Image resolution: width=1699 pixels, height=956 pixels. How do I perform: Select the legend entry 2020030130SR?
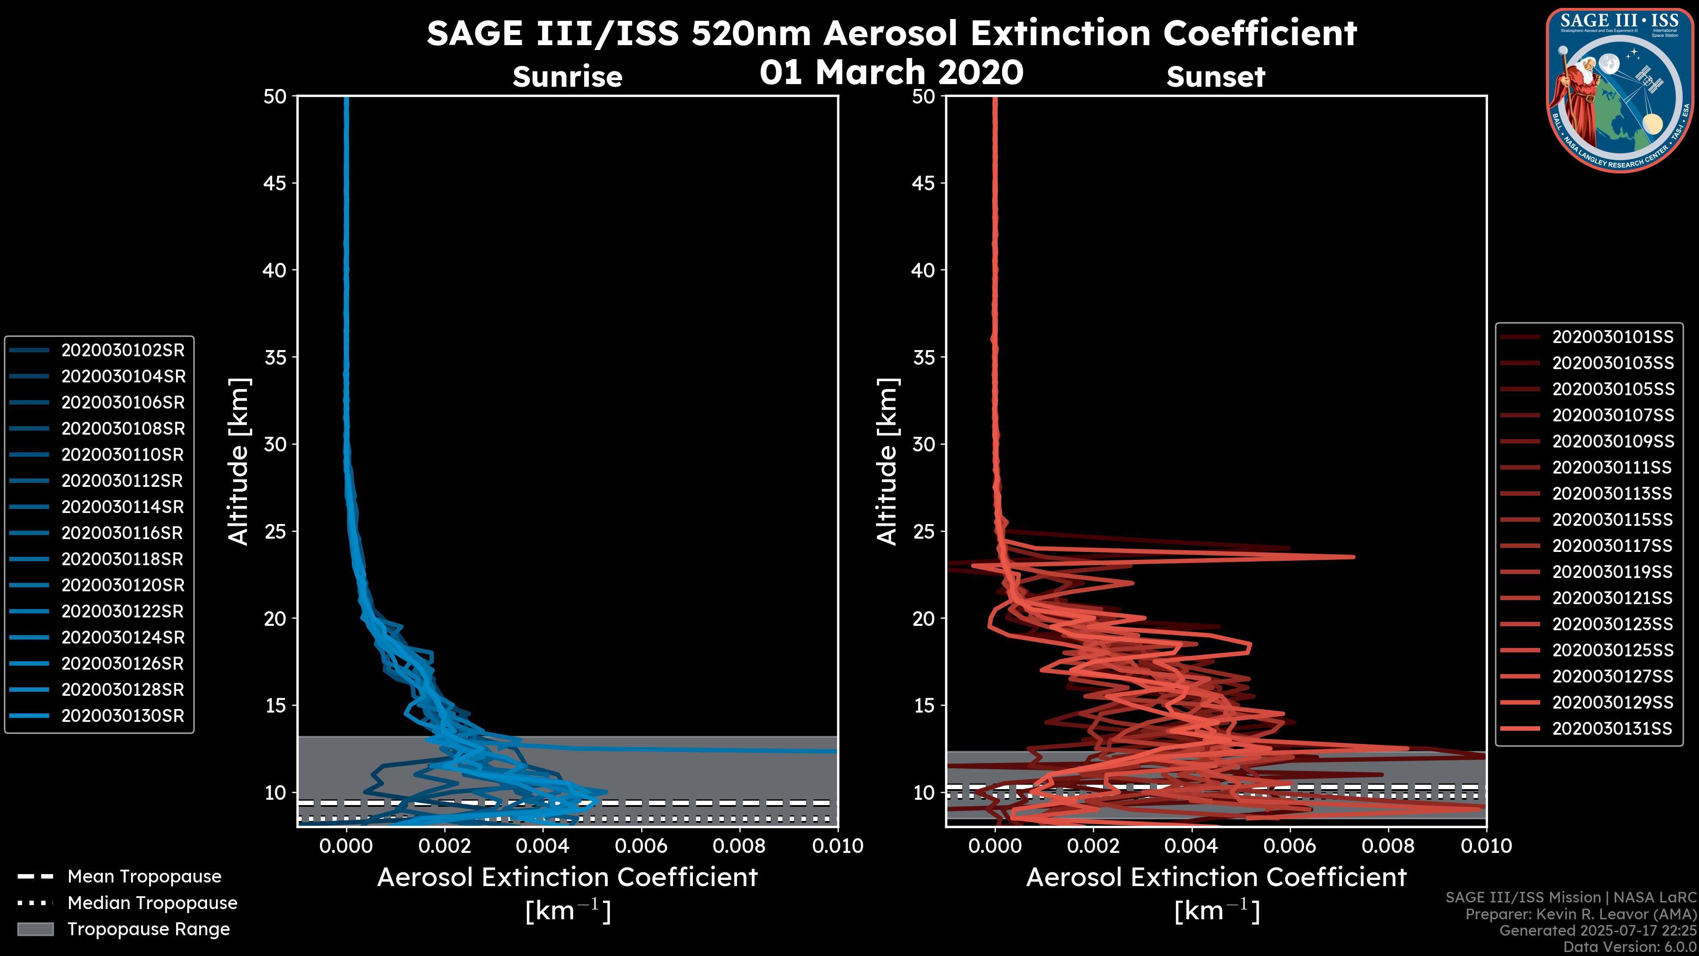point(123,716)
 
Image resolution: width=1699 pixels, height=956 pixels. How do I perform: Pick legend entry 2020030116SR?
point(123,533)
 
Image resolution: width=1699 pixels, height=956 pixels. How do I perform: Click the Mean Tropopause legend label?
point(144,876)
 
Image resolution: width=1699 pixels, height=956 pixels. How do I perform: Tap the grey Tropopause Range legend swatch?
point(35,929)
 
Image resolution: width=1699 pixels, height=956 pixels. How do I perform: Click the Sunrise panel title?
point(567,77)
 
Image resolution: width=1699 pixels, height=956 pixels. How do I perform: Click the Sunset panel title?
point(1215,77)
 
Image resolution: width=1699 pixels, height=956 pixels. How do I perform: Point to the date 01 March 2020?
point(891,72)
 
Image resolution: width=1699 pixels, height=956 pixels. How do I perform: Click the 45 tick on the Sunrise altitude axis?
point(275,183)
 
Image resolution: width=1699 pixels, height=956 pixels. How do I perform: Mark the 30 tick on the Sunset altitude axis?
point(924,444)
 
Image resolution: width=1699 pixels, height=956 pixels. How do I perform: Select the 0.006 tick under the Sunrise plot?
point(641,846)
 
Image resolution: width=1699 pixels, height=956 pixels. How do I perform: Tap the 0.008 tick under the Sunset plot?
point(1388,846)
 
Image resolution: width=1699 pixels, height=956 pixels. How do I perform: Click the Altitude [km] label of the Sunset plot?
point(887,461)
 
